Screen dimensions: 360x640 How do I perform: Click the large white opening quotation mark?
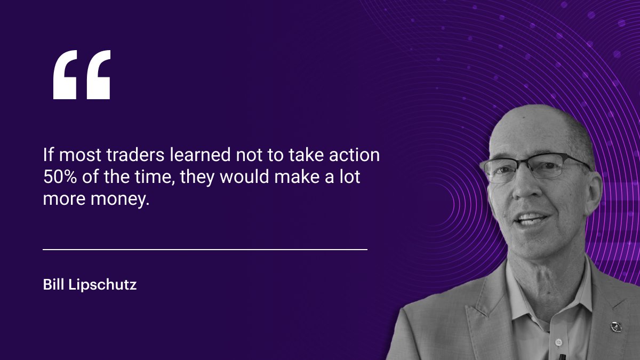click(x=82, y=75)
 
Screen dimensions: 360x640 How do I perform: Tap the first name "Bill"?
click(x=54, y=285)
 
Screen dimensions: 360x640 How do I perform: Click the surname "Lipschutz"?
click(x=103, y=285)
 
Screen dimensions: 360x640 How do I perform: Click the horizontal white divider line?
click(x=205, y=249)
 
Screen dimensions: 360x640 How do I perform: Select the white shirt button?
click(x=558, y=341)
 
